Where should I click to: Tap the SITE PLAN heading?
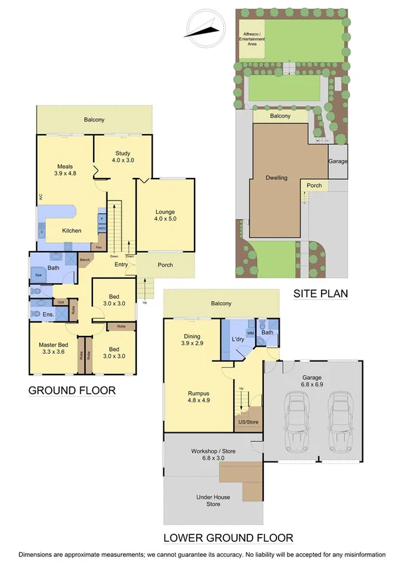point(322,292)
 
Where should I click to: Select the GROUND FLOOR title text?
point(72,390)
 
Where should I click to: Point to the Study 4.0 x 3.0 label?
point(123,156)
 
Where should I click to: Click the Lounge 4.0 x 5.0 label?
point(165,214)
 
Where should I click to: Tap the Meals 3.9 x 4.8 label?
point(64,169)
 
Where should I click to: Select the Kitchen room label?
point(72,230)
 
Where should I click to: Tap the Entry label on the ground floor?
point(121,265)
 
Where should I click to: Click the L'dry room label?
point(239,341)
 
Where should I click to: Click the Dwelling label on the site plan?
point(276,178)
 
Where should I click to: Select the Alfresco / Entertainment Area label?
point(251,39)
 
